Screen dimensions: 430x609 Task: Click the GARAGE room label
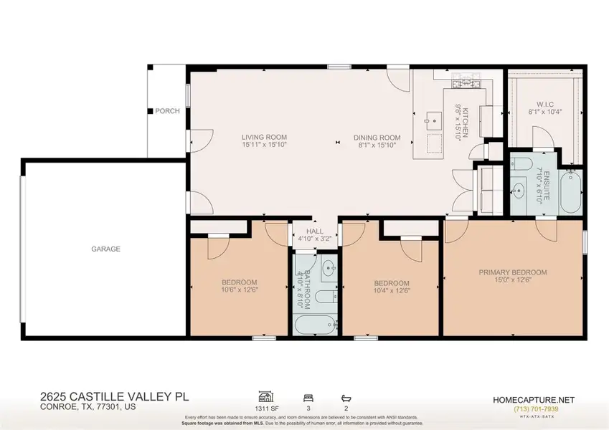pos(105,249)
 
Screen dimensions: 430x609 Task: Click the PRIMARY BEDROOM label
pos(513,272)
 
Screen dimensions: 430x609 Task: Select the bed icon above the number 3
pos(308,395)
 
